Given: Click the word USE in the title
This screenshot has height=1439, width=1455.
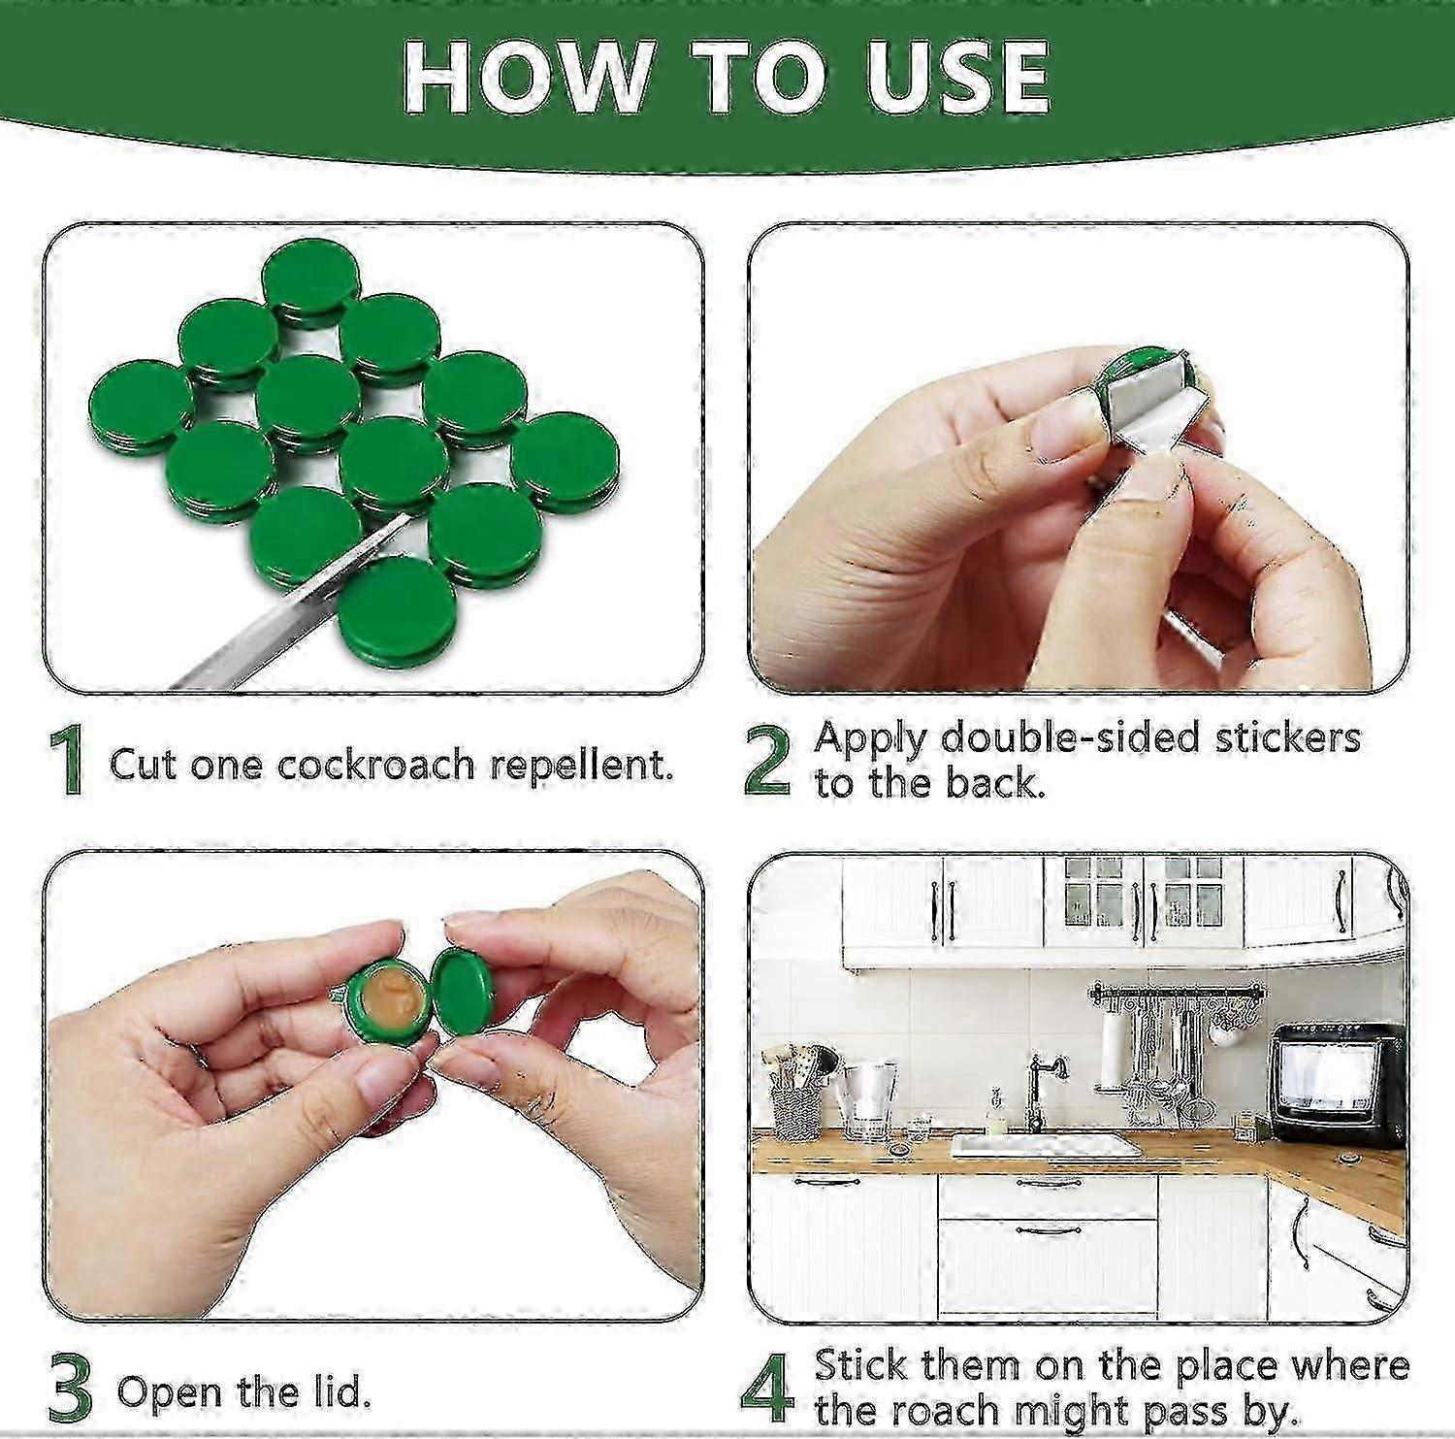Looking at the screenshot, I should (x=956, y=78).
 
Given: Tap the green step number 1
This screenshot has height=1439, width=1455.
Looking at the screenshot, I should (x=67, y=762).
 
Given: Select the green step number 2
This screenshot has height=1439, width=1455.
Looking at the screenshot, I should (x=767, y=762).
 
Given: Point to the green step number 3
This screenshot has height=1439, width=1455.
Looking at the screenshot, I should (x=70, y=1390).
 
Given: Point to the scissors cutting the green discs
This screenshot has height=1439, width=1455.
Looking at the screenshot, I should (x=291, y=611).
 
